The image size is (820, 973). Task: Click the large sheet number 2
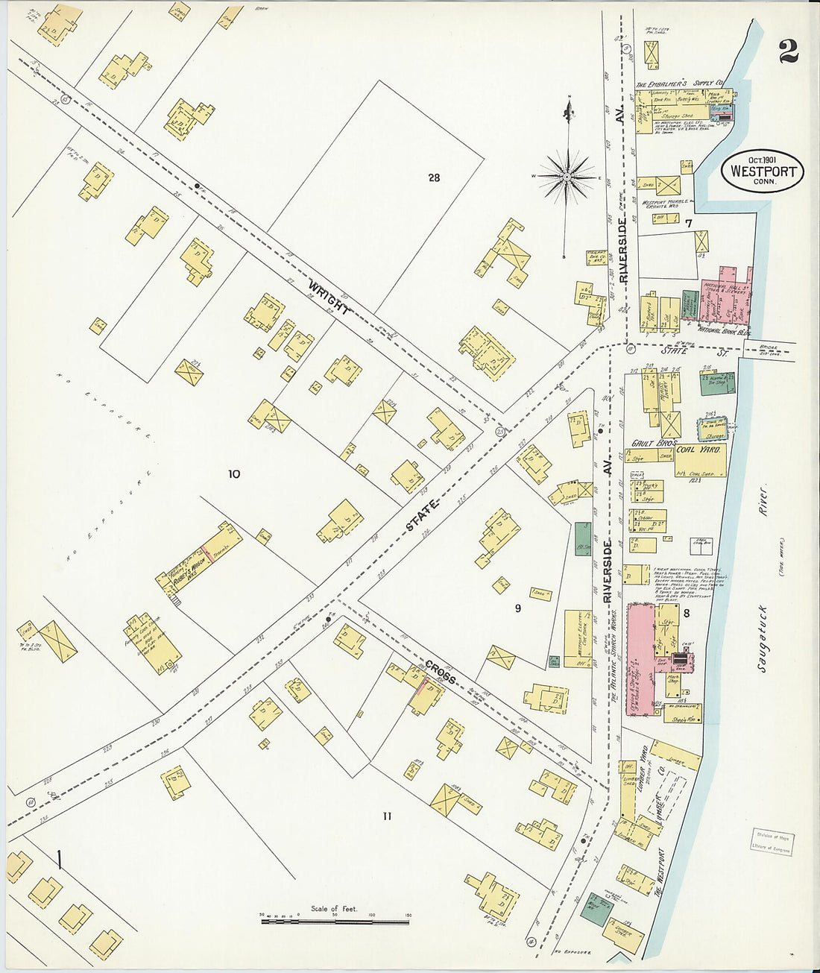[788, 51]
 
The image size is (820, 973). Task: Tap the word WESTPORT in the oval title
[763, 171]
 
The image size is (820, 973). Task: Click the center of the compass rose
[567, 177]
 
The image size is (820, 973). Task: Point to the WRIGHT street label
[329, 296]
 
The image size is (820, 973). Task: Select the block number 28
[434, 177]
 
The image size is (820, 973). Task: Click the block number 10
[234, 473]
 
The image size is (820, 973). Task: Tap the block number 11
[387, 816]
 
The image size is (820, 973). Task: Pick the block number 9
[517, 608]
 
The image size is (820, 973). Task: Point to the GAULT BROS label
[652, 443]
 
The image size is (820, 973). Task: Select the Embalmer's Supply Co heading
[679, 84]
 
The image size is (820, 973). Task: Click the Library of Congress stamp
[771, 842]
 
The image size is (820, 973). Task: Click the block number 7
[689, 223]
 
